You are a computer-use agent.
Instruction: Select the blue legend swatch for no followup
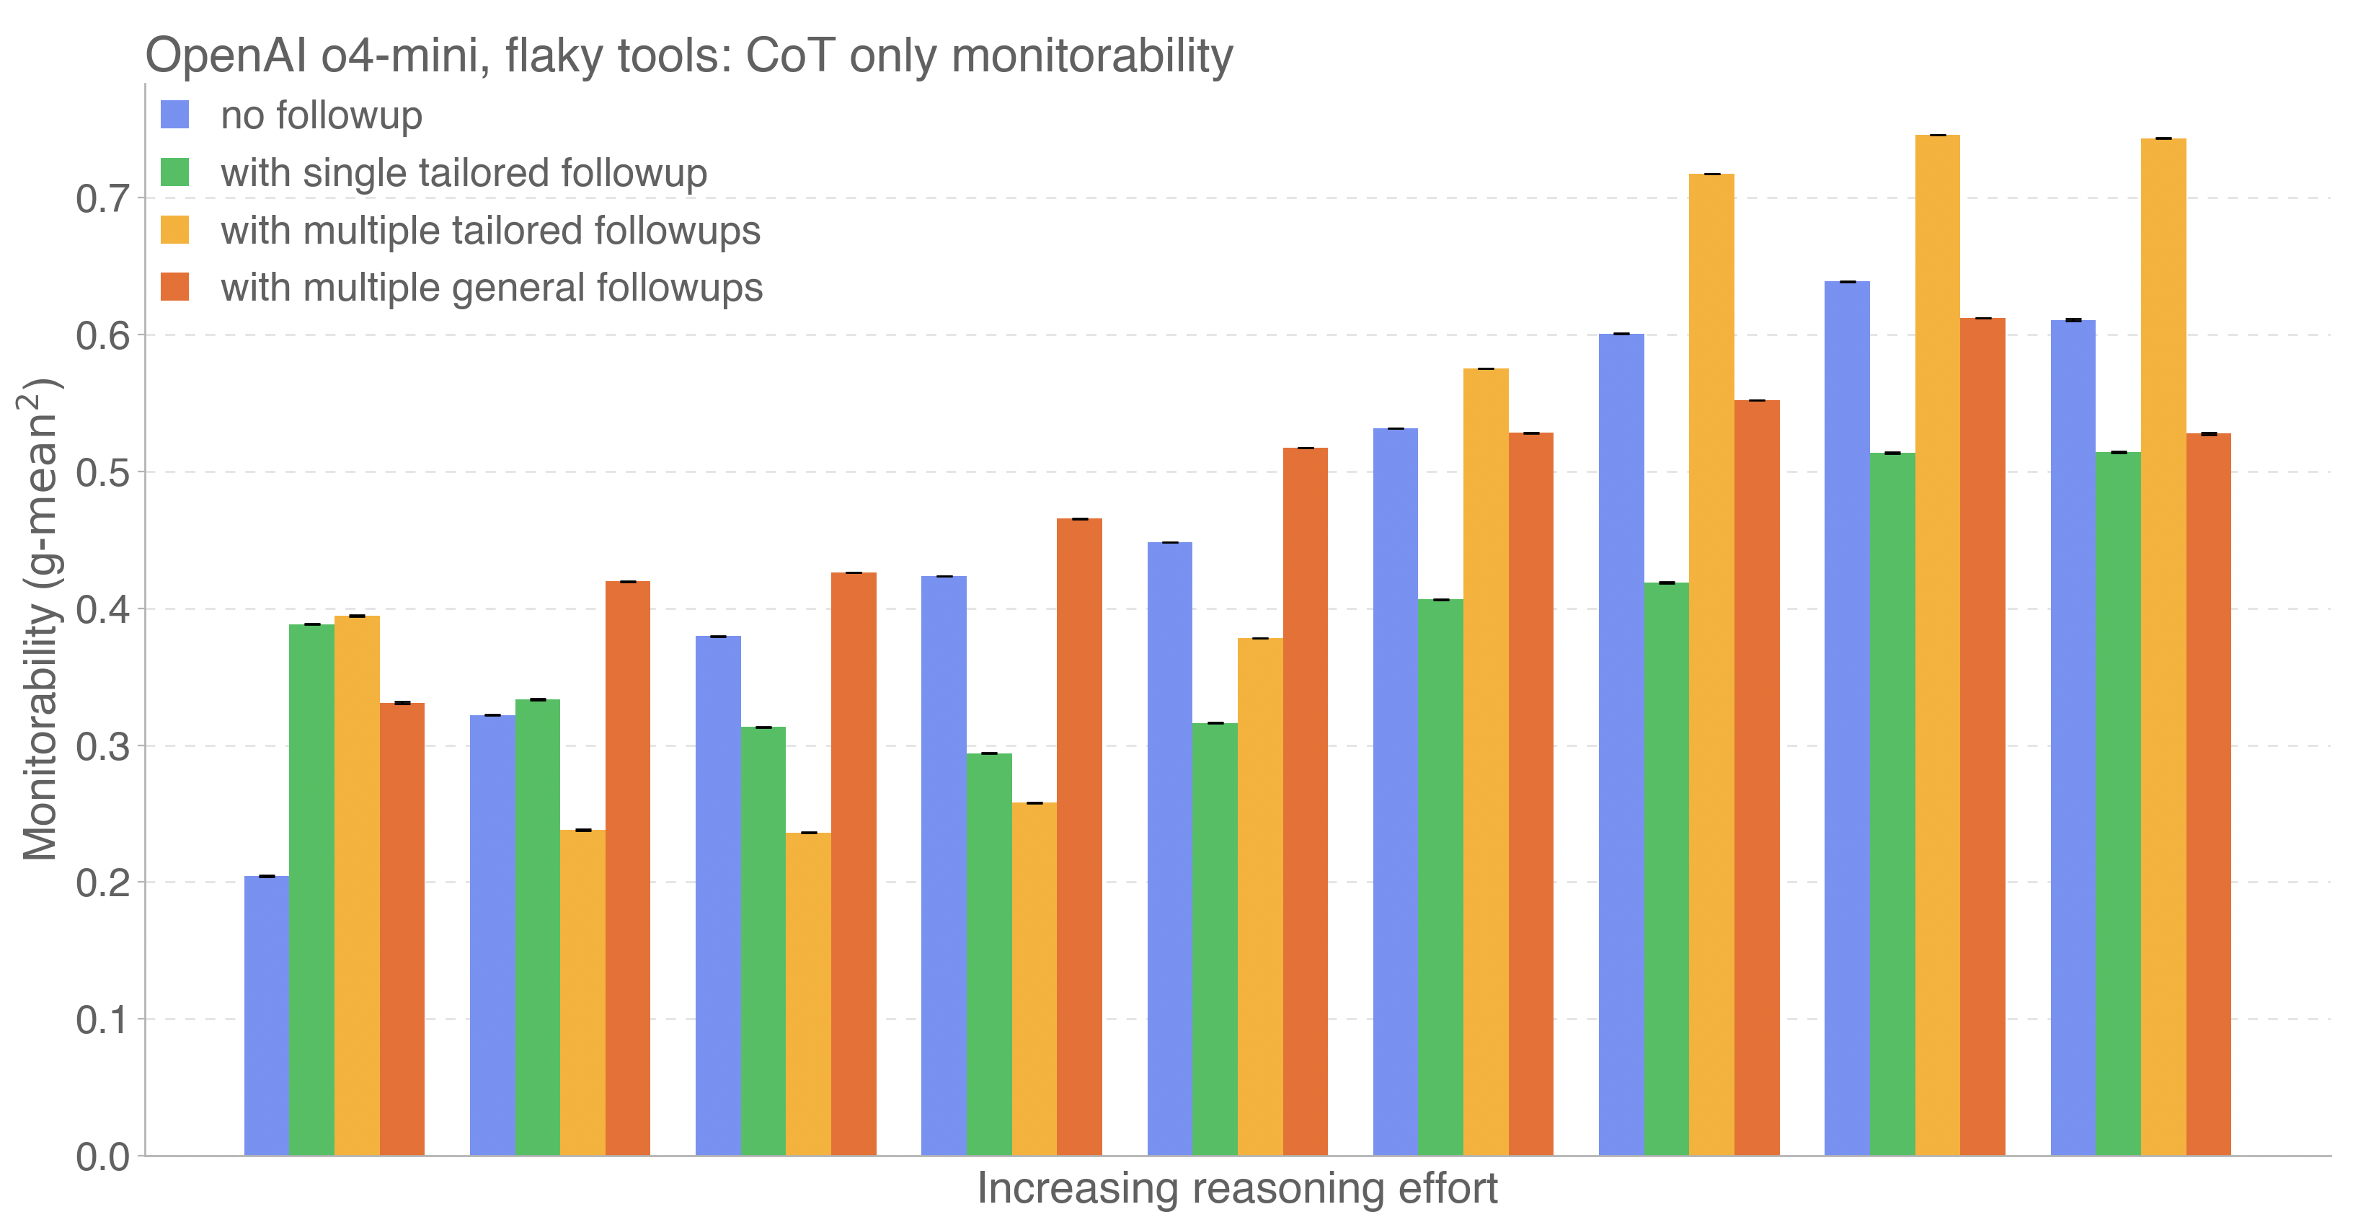(174, 115)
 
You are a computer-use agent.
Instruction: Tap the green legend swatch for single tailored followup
(174, 173)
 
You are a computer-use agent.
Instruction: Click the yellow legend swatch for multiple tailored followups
(174, 230)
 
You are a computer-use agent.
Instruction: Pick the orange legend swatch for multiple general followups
(174, 288)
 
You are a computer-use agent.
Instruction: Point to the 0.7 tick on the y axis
(102, 198)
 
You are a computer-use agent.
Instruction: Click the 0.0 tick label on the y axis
(102, 1157)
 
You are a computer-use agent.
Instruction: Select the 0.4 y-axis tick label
(102, 609)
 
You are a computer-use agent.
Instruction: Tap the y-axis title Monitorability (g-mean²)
(40, 619)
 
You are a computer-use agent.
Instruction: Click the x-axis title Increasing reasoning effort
(1237, 1189)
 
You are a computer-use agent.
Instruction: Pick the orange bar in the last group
(2209, 795)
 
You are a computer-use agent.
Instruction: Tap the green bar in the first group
(311, 890)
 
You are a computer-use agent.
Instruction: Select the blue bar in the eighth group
(1847, 718)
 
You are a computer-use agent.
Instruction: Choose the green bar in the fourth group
(989, 955)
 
